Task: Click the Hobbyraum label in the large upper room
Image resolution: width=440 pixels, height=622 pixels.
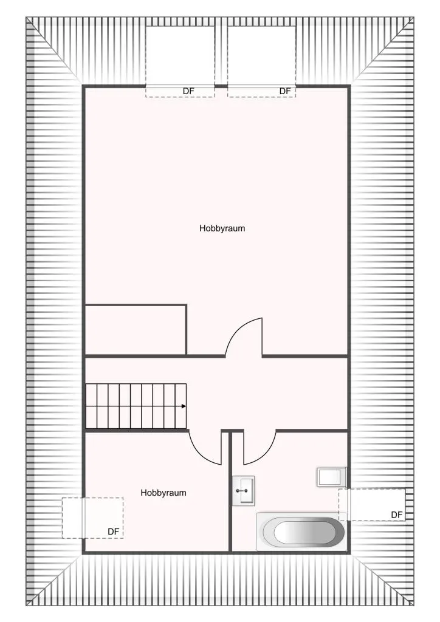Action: pos(222,228)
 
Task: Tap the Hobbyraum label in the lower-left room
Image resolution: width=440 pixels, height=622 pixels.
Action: pos(163,493)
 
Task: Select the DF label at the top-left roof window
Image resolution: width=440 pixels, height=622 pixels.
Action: pos(188,91)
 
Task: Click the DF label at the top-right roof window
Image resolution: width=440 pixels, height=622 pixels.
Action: pos(285,91)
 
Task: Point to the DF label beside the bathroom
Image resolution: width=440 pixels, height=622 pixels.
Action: pos(397,515)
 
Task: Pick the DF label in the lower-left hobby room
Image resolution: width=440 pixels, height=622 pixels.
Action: pos(114,531)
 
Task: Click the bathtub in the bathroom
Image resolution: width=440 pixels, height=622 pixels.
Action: pos(301,531)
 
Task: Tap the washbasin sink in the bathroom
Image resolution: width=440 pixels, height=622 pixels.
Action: pos(243,491)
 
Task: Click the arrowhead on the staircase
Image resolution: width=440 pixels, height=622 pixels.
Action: pos(184,406)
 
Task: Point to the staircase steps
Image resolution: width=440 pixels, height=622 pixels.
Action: pos(136,406)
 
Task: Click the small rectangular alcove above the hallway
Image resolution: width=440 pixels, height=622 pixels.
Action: pos(136,329)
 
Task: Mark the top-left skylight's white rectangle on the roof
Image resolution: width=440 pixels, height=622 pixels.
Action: pos(180,55)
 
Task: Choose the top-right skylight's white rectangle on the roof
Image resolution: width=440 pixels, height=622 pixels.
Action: pos(262,55)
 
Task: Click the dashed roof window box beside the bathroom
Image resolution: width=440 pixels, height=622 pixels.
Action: pos(372,505)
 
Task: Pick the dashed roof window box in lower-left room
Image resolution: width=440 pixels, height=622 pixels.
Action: pos(92,518)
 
